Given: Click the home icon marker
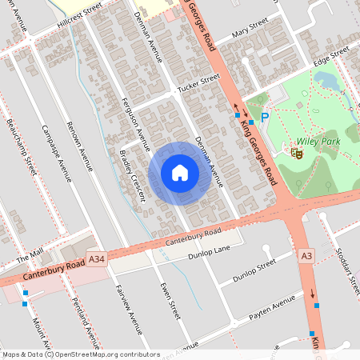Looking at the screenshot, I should (x=179, y=172).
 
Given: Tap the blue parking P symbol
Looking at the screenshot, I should (x=265, y=118).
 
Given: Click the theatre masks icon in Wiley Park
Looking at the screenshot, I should (x=297, y=151).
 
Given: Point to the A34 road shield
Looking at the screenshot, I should (x=97, y=259).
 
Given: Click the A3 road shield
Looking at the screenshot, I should (x=306, y=256).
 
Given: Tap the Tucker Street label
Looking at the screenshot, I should (x=198, y=84).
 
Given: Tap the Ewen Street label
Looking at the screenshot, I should (x=167, y=300).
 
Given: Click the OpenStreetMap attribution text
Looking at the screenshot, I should (x=81, y=354).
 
